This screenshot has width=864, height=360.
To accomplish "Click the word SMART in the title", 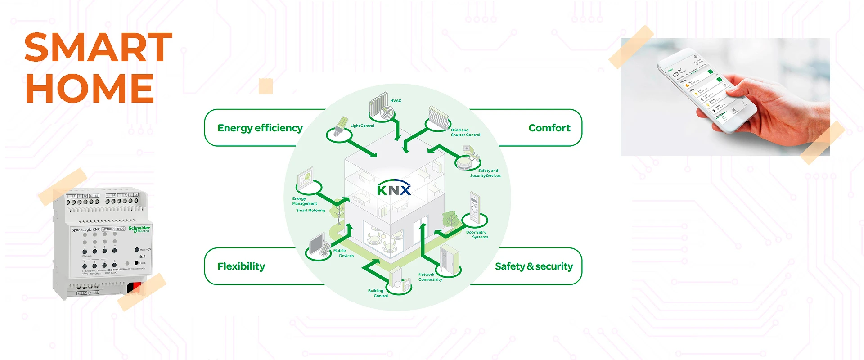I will (98, 47).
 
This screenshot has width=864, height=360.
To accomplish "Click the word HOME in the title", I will (90, 88).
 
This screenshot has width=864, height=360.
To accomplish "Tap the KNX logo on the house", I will (394, 189).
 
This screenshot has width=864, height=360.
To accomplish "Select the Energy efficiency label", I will (260, 128).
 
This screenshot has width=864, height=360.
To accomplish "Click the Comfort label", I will (549, 128).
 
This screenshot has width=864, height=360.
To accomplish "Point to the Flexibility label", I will (241, 266).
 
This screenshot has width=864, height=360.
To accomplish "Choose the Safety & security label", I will (534, 266).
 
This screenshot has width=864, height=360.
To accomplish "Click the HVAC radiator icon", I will (379, 107).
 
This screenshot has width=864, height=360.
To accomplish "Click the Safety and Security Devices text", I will (485, 173).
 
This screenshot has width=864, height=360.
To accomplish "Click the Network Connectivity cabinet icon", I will (449, 260).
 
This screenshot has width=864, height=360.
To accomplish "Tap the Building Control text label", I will (378, 293).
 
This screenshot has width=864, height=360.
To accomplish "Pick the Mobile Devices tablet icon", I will (319, 246).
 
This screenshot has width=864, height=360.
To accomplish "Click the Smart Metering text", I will (310, 211).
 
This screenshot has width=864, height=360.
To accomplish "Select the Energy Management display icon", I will (306, 178).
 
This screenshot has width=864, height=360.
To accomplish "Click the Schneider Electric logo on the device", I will (139, 229).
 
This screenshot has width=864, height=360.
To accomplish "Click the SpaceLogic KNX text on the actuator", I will (85, 230).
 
